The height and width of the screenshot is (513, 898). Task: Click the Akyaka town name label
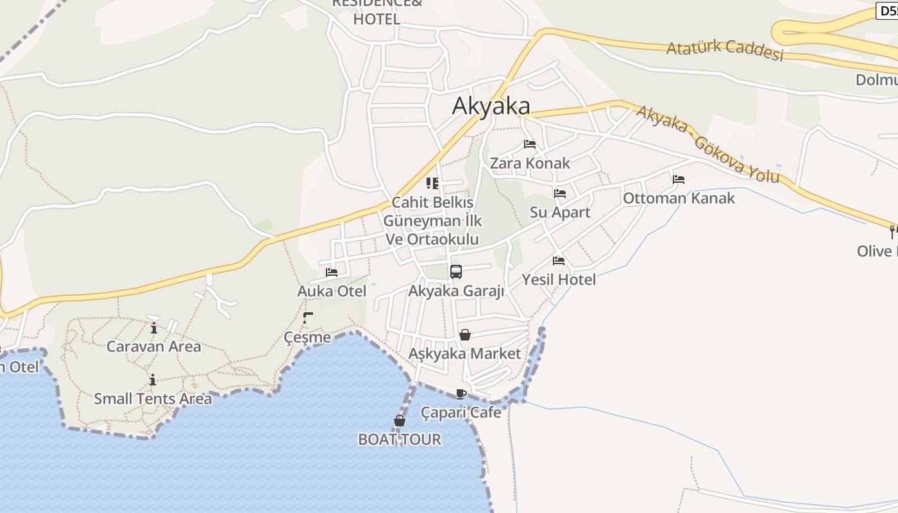coord(491,106)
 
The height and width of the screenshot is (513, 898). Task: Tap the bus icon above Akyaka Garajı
coord(456,271)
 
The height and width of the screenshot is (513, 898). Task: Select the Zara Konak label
coord(530,163)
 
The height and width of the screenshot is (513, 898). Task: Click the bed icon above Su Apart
coord(560,193)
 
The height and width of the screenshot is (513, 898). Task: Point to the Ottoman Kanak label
coord(679,198)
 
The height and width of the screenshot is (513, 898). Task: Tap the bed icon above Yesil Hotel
coord(559,261)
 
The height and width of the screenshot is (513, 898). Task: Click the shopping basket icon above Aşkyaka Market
coord(465,335)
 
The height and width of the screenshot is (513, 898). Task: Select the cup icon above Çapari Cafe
coord(461,394)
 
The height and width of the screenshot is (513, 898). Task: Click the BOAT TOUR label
coord(400,439)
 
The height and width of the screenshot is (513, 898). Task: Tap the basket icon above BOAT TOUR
coord(400,421)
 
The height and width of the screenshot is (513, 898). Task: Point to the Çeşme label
coord(308,337)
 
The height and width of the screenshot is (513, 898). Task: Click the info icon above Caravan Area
coord(154,329)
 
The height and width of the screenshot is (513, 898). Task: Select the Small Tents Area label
coord(153,399)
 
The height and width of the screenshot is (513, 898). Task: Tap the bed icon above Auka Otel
coord(332,273)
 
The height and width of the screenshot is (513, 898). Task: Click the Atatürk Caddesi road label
coord(725,51)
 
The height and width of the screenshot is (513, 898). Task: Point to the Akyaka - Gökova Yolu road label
coord(707,144)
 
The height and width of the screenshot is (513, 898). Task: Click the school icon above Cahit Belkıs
coord(432,183)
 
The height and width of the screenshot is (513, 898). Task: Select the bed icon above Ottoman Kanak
coord(679,180)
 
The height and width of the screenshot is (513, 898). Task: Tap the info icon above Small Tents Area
coord(153,380)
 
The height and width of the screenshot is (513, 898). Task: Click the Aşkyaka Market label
coord(465,353)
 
